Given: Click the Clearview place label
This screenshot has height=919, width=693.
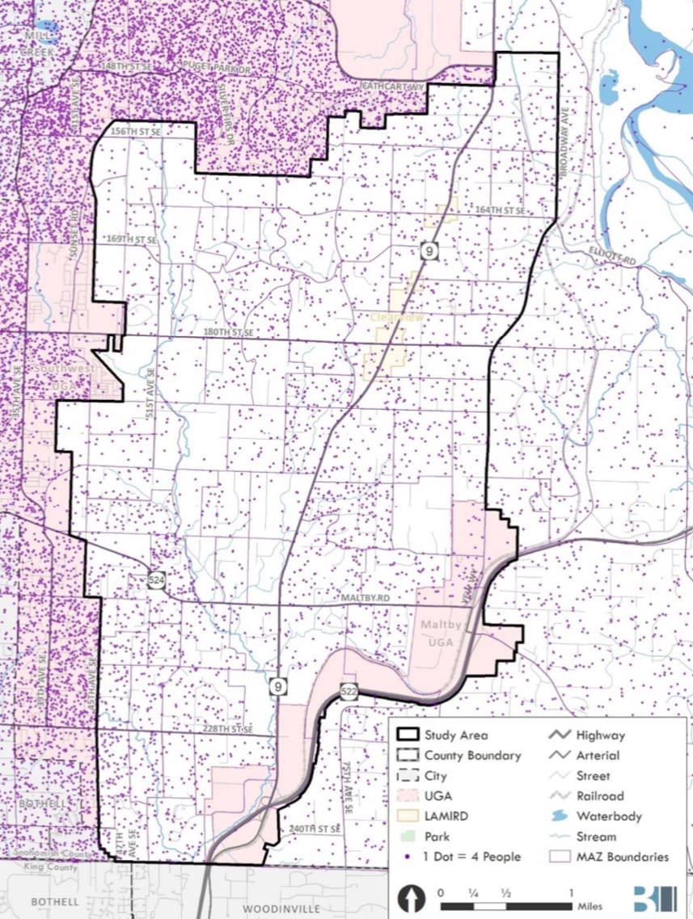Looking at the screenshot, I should coord(397,318).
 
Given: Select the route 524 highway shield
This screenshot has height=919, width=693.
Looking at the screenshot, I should coord(157,579).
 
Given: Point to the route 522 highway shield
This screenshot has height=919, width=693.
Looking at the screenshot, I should coord(349,691).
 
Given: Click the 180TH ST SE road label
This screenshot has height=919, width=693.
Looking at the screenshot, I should coord(230,332).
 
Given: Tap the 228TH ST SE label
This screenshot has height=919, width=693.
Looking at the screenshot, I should coord(229,728).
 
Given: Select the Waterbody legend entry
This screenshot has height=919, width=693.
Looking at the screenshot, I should coord(608,816).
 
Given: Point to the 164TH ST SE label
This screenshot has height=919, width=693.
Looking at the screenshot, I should coord(501,210).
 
